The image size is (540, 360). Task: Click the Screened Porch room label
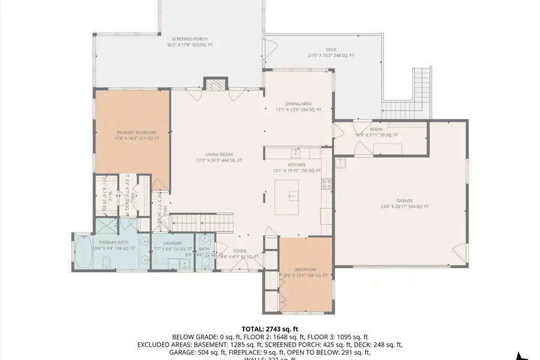pos(189,38)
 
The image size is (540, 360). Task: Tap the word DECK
pos(331,50)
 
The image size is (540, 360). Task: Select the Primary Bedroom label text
pos(136,132)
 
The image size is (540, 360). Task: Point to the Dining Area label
pos(298,104)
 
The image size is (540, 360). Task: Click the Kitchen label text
pos(296,164)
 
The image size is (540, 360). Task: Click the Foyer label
pos(223,251)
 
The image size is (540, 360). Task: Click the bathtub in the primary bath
pos(82,254)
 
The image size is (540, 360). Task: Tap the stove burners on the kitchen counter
pos(327,184)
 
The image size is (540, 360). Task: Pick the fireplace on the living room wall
pos(215,84)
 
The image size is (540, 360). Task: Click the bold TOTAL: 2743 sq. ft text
pos(269,329)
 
